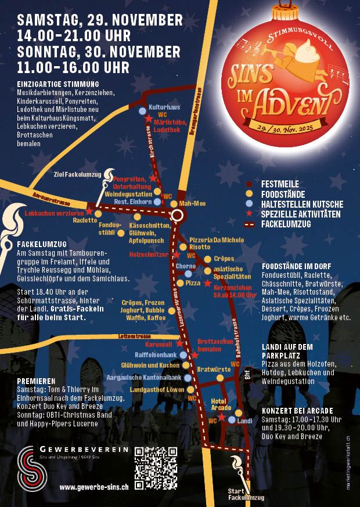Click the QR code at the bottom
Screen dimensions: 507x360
click(156, 468)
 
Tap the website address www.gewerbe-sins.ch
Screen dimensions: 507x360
click(94, 488)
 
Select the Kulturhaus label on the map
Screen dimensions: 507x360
click(164, 108)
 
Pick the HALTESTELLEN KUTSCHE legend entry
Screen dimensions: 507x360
click(302, 204)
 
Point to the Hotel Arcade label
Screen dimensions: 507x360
click(218, 405)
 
